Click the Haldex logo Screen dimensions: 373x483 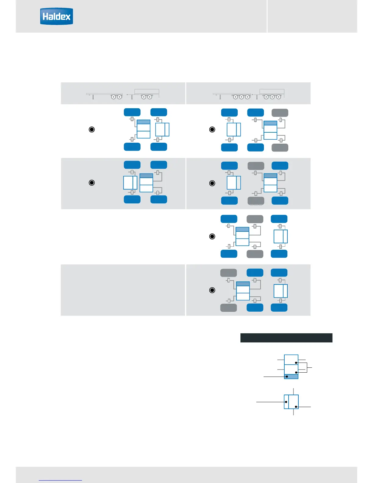(56, 16)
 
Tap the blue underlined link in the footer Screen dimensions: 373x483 (60, 480)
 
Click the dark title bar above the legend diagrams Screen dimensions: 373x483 (286, 338)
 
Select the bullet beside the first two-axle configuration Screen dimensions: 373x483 (91, 130)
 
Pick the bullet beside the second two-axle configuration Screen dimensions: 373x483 (91, 183)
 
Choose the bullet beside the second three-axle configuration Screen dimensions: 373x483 (212, 183)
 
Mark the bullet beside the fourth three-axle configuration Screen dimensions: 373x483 (212, 290)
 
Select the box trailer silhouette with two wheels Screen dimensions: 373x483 (146, 93)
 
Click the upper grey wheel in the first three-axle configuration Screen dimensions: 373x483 (280, 113)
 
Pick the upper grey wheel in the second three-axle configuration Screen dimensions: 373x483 (256, 166)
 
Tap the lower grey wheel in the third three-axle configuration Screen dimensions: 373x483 (255, 254)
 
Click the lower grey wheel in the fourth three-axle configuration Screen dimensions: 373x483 (229, 308)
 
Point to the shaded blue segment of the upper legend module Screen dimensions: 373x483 (291, 377)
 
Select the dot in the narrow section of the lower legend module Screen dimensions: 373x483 (286, 402)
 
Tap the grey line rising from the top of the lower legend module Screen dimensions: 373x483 (293, 392)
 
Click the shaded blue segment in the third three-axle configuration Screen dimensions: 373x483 (243, 229)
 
